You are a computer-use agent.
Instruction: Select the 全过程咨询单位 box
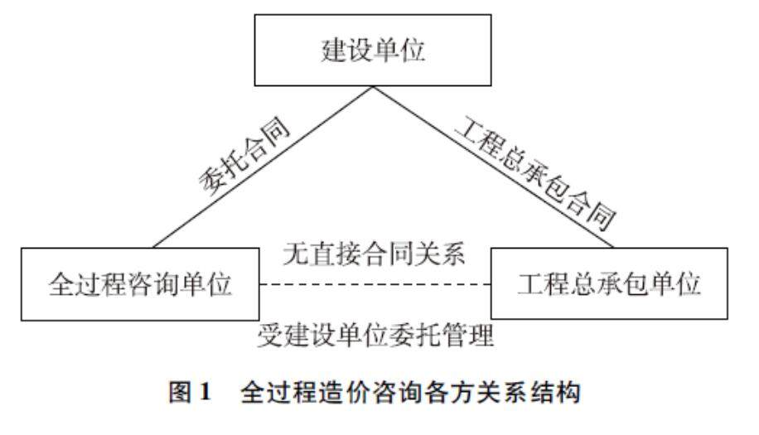coord(138,283)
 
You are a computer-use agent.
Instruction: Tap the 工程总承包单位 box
coord(610,283)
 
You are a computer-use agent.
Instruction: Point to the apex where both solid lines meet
coord(373,85)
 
